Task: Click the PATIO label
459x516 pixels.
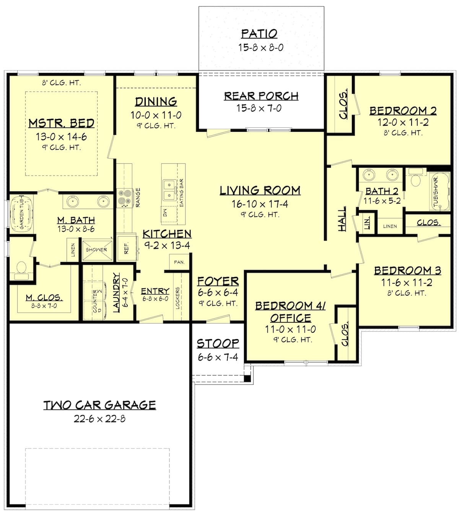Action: pos(259,34)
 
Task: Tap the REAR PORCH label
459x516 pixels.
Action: pos(261,96)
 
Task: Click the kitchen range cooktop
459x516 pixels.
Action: pos(124,198)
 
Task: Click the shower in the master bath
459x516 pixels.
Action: pos(96,250)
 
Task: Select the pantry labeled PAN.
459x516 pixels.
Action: pos(179,262)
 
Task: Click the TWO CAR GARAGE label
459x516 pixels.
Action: pos(99,405)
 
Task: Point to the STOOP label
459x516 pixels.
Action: pos(218,343)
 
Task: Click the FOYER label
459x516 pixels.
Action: pos(218,281)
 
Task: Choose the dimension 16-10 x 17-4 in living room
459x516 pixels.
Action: pos(260,204)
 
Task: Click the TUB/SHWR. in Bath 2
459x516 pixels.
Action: pos(440,192)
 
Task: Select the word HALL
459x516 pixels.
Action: pos(342,218)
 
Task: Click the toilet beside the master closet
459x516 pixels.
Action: pos(21,269)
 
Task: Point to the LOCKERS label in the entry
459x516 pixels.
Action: pos(178,298)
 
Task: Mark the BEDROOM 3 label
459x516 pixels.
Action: pos(407,270)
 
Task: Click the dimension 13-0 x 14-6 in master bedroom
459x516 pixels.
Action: pos(61,136)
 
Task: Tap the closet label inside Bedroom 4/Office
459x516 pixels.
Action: pos(345,334)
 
